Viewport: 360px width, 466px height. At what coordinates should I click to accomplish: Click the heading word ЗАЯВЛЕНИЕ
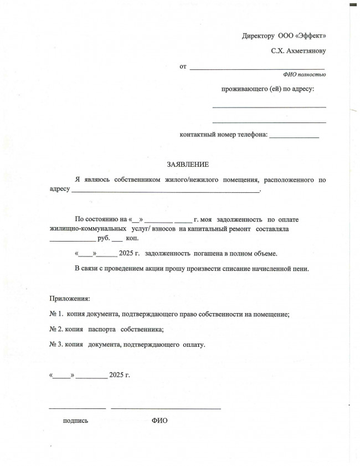188,165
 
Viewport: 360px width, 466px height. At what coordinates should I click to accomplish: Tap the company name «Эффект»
311,36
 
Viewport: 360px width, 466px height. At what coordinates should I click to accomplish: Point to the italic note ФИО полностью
304,74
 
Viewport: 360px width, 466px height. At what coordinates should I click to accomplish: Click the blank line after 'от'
257,69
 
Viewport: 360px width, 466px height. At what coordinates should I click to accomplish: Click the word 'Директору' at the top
258,36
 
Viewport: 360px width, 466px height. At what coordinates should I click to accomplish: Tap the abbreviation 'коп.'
132,239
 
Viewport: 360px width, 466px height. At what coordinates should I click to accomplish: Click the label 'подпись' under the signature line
76,421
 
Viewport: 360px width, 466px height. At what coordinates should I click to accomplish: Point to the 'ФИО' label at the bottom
160,421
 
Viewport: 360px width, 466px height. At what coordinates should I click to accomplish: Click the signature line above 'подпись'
77,408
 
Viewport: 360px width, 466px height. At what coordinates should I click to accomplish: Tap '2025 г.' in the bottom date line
120,375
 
